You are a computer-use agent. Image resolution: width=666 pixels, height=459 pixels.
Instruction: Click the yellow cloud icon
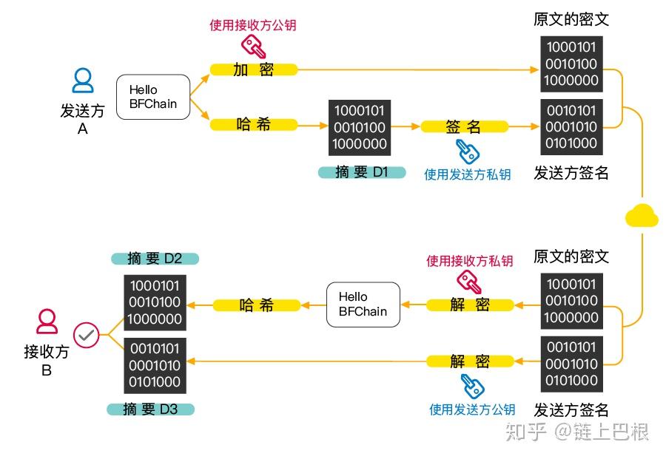(x=641, y=215)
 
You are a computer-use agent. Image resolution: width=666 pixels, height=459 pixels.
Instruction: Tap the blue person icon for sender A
(x=83, y=81)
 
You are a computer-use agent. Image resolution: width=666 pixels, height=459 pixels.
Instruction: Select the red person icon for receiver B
(x=47, y=322)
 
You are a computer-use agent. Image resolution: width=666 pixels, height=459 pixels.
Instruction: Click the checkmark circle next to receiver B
(x=86, y=335)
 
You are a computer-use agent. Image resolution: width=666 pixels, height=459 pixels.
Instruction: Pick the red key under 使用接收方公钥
(x=254, y=47)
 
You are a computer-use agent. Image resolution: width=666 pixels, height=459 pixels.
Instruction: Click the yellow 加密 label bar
(x=253, y=69)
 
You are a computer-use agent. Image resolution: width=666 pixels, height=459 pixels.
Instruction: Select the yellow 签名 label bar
(x=464, y=126)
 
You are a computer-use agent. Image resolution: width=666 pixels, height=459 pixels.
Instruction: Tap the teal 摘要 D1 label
(x=361, y=172)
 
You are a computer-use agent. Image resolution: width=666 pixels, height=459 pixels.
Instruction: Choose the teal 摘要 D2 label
(x=155, y=258)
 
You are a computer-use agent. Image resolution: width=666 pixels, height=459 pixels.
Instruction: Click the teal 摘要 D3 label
(x=151, y=409)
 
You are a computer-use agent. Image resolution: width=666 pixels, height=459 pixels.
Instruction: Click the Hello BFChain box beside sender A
(x=153, y=97)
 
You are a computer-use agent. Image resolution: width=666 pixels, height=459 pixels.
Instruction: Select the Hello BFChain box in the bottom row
(x=363, y=305)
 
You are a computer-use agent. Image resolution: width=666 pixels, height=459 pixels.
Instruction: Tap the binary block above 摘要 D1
(x=360, y=127)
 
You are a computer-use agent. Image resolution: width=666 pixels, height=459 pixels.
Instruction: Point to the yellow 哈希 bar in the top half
(x=253, y=124)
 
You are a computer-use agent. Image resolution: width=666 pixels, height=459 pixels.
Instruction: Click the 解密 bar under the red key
(x=470, y=305)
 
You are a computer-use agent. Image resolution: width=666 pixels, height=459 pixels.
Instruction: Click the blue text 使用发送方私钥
(x=467, y=174)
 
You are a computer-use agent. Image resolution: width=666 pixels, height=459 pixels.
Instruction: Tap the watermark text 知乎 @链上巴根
(x=576, y=432)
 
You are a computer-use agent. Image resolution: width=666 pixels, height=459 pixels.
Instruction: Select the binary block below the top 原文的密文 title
(x=571, y=64)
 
